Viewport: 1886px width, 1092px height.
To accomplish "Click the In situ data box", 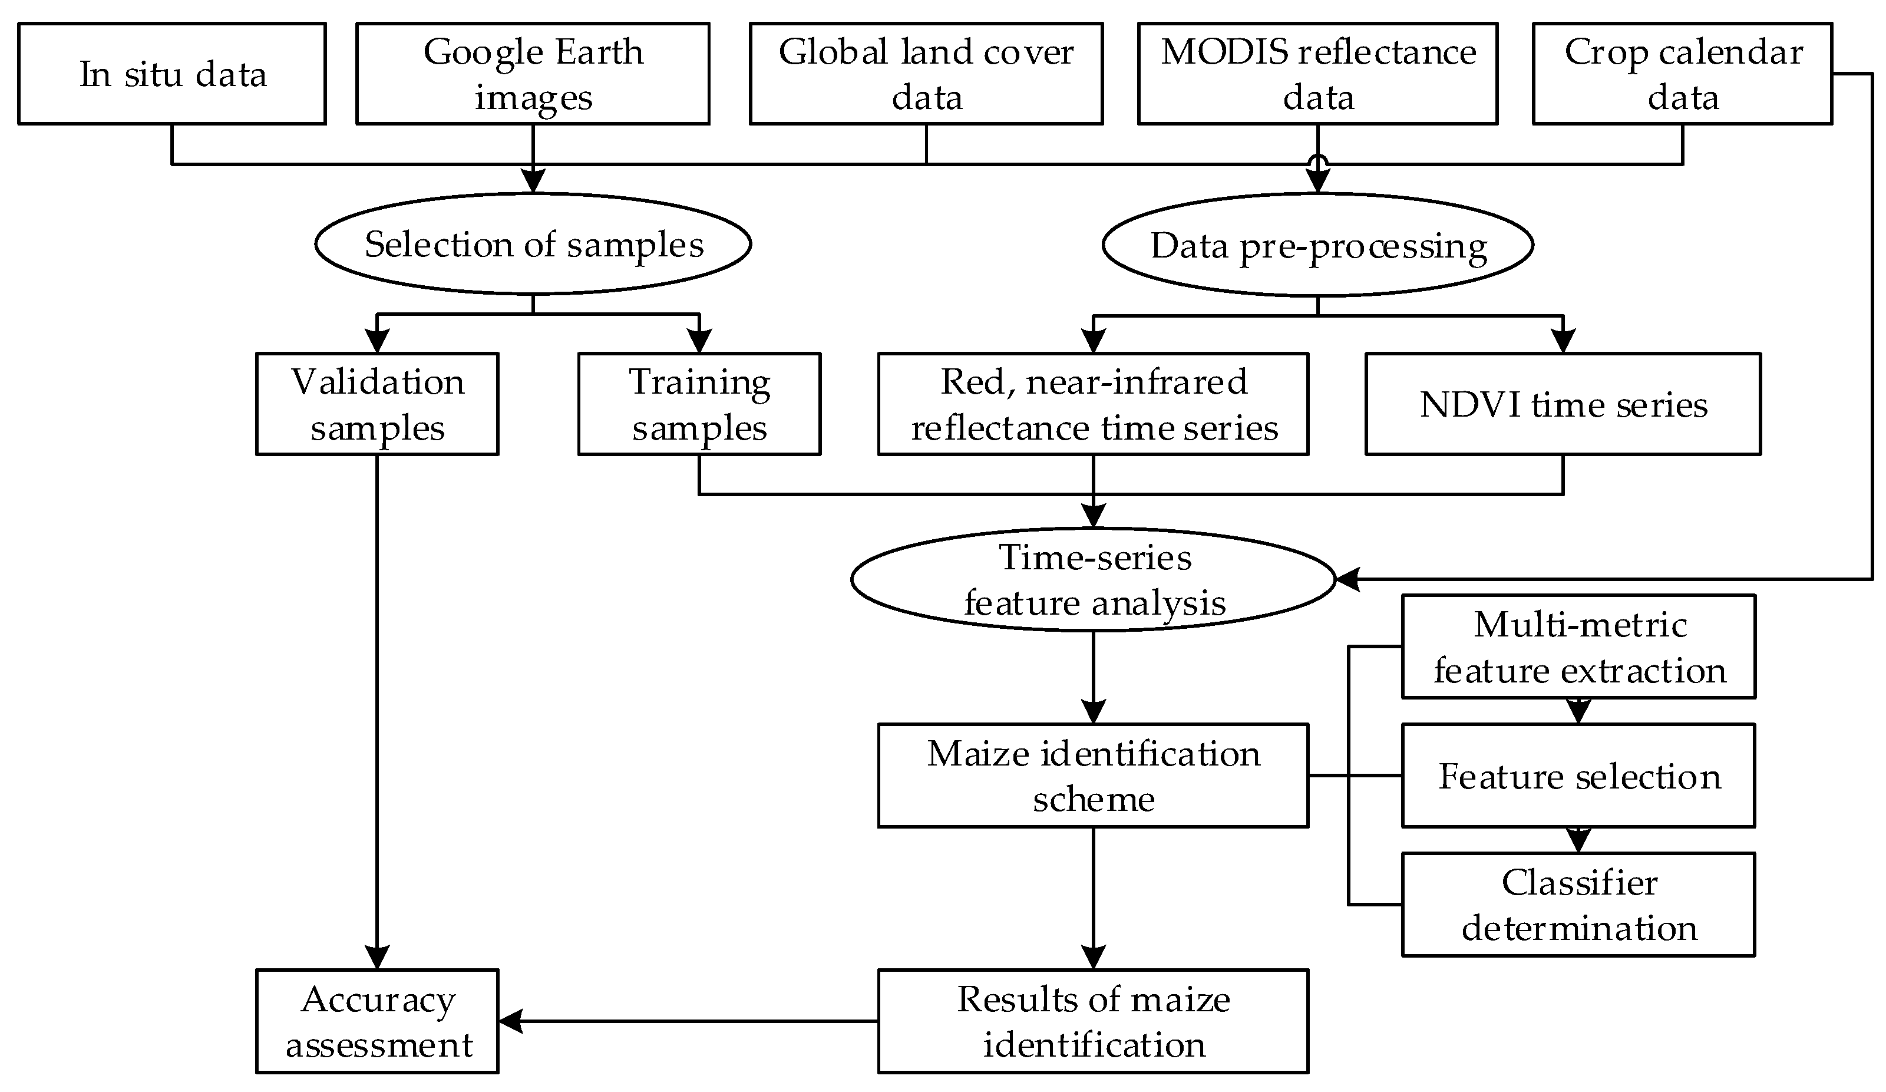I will [171, 73].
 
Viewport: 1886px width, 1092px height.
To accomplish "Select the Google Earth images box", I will [532, 73].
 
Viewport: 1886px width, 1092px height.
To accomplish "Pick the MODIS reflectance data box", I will [1317, 73].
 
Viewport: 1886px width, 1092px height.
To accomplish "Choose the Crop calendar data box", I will [1682, 73].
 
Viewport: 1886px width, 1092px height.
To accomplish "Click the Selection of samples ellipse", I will [532, 244].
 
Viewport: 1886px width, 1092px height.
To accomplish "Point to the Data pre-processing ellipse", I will [1317, 245].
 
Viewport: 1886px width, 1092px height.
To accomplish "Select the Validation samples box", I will [376, 404].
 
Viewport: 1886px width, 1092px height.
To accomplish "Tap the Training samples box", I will [699, 404].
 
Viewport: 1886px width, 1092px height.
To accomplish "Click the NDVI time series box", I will [1563, 404].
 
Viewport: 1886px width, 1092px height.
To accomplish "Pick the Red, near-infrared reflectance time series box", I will [1093, 404].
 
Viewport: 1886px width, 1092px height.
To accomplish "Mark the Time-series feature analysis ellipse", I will [1093, 579].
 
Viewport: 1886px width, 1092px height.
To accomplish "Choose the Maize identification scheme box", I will [1093, 776].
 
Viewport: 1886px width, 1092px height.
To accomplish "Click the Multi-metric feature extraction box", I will [1578, 646].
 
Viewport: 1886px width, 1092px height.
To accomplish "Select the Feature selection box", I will [1578, 776].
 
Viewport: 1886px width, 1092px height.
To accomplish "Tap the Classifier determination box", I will [1578, 904].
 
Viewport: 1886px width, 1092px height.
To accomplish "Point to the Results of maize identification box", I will [1093, 1021].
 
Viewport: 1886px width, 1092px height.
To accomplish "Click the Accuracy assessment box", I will [376, 1021].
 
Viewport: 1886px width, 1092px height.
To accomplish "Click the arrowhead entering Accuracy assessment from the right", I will [510, 1021].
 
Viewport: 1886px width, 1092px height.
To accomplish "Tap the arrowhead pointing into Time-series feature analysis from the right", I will [1347, 579].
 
